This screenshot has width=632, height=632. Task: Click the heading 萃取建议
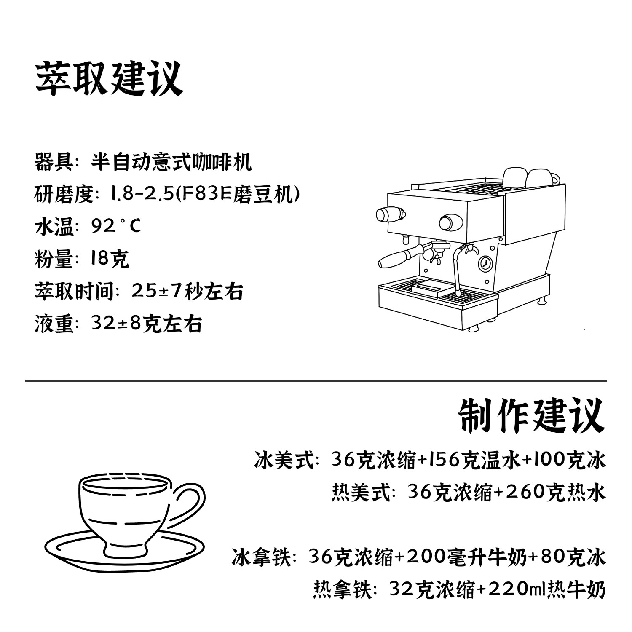pyautogui.click(x=109, y=79)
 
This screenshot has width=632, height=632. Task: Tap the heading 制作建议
pyautogui.click(x=531, y=417)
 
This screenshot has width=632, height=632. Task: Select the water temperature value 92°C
pyautogui.click(x=116, y=226)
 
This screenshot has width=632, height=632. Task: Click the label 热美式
pyautogui.click(x=361, y=493)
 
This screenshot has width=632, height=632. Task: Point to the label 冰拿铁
pyautogui.click(x=261, y=557)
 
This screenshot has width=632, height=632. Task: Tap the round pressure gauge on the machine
pyautogui.click(x=485, y=263)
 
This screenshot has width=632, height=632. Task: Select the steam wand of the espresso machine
pyautogui.click(x=456, y=270)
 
